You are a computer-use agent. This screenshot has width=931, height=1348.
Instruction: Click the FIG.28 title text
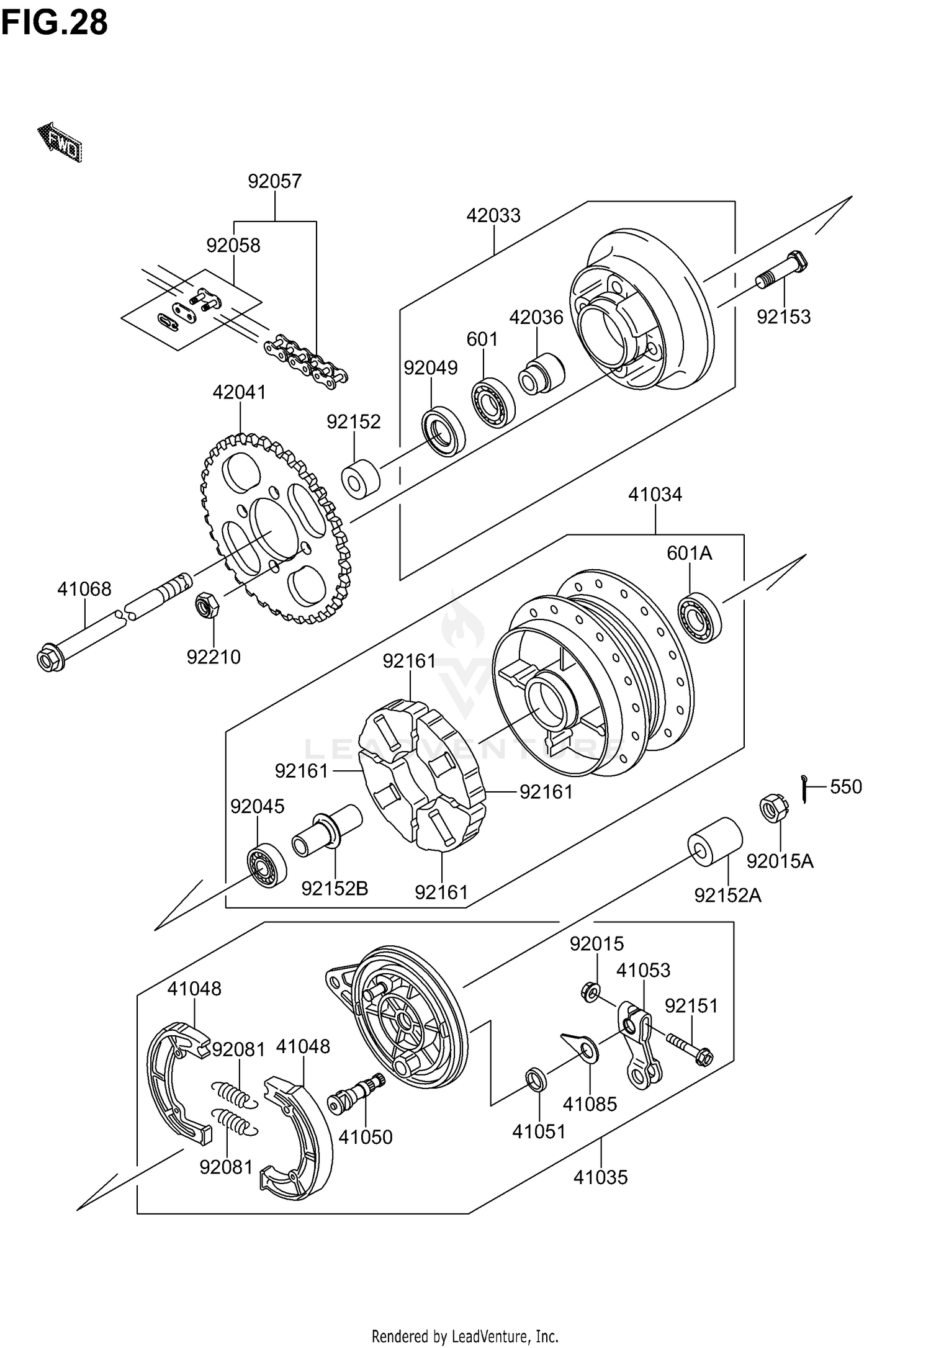(x=55, y=22)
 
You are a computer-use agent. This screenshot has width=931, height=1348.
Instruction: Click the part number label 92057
(x=274, y=181)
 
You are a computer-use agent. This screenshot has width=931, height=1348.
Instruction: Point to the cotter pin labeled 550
(x=804, y=789)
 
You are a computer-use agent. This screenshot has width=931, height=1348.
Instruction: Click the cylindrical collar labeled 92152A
(x=714, y=841)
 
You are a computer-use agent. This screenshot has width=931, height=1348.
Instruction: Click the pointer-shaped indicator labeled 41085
(x=580, y=1046)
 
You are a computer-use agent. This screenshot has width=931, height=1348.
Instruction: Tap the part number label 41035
(x=600, y=1177)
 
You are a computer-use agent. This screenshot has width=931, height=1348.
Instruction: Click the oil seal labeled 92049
(x=444, y=430)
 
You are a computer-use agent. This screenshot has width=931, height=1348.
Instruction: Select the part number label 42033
(x=493, y=215)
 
